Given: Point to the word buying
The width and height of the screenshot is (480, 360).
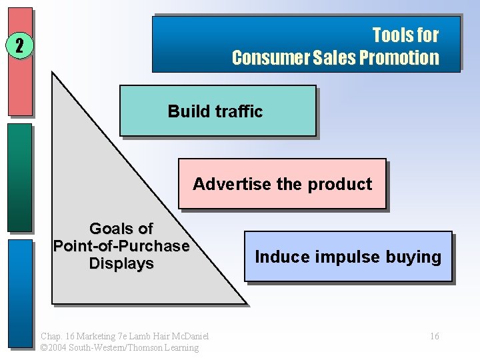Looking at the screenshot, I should coord(416,257).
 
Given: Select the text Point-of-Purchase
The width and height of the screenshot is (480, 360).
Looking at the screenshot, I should coord(121,246).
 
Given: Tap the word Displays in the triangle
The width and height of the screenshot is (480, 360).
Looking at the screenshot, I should coord(121,263).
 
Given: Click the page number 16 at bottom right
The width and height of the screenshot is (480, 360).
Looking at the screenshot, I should coord(434,336).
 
